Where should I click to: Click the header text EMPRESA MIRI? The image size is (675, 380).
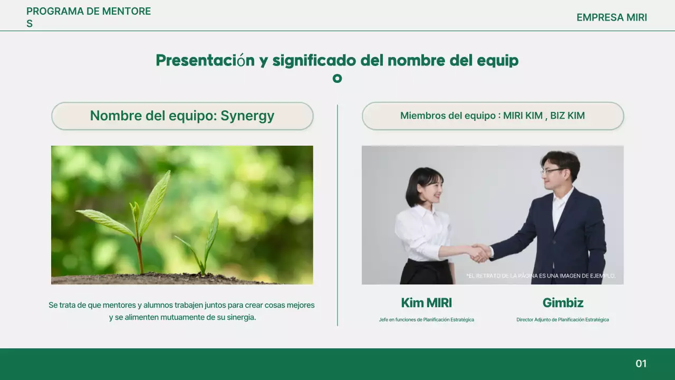click(x=611, y=17)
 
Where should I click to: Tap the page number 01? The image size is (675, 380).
click(x=641, y=364)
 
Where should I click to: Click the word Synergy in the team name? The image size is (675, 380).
click(x=247, y=116)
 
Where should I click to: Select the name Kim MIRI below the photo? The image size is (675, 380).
click(x=426, y=303)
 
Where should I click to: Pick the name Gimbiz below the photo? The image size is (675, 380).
click(x=563, y=303)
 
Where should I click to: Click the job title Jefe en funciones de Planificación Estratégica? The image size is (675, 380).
click(x=426, y=320)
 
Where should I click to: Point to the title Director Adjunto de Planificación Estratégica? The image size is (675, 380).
click(x=563, y=320)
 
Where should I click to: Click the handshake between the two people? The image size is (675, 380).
click(x=479, y=253)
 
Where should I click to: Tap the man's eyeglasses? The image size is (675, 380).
click(x=552, y=171)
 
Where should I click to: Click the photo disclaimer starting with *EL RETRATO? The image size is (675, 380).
click(x=541, y=276)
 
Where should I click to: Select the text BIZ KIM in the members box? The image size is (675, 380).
click(x=567, y=116)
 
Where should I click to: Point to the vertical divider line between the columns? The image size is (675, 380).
click(x=337, y=215)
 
